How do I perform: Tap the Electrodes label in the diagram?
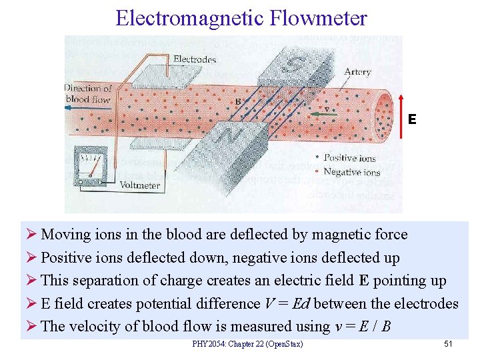pos(195,59)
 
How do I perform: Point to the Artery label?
pos(357,72)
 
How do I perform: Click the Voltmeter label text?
pos(140,185)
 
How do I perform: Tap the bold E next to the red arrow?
pos(412,119)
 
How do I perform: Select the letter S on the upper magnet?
pos(294,65)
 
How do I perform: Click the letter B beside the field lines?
pos(237,101)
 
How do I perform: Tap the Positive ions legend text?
pos(349,158)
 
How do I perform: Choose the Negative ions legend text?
pos(351,171)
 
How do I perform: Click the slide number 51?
pos(448,344)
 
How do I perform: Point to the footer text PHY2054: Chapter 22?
pos(247,344)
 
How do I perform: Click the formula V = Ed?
pos(287,304)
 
